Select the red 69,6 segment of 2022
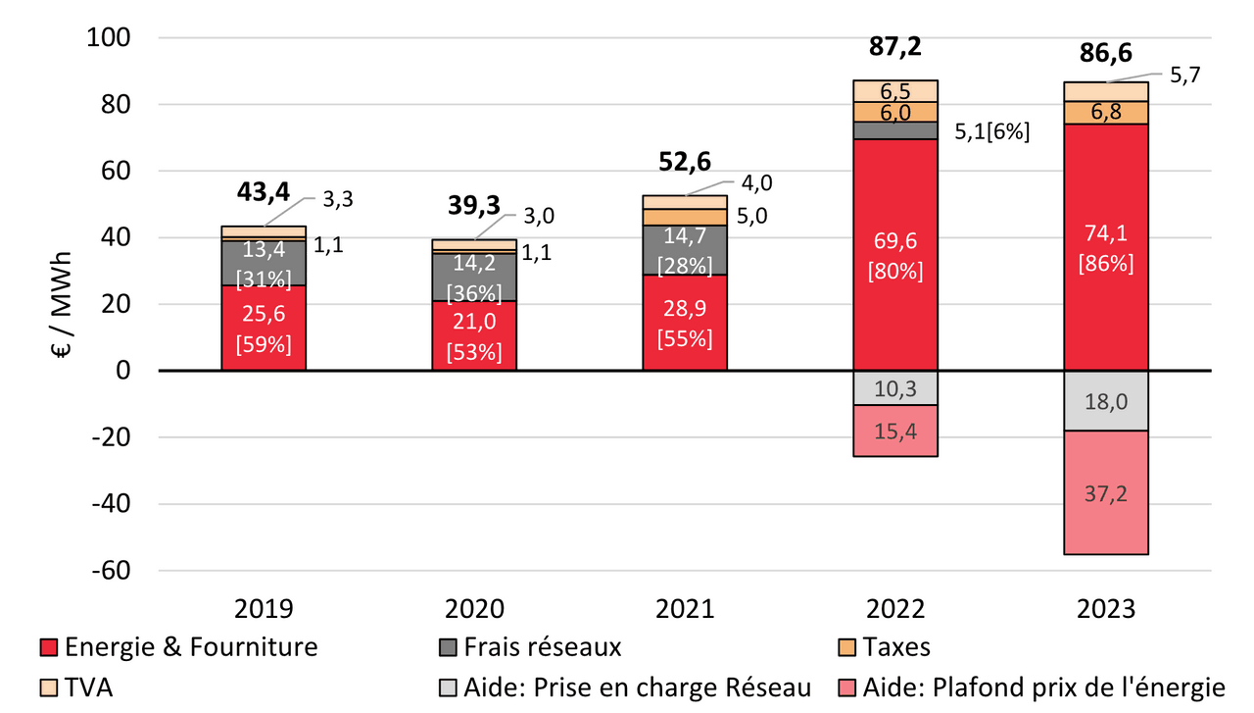[895, 255]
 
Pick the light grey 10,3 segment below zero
[895, 387]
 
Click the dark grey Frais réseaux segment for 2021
[685, 249]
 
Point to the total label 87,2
[895, 47]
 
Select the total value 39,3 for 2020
[474, 205]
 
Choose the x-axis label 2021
[685, 609]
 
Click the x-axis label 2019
[264, 609]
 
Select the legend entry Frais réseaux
[540, 647]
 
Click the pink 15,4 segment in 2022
[895, 431]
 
